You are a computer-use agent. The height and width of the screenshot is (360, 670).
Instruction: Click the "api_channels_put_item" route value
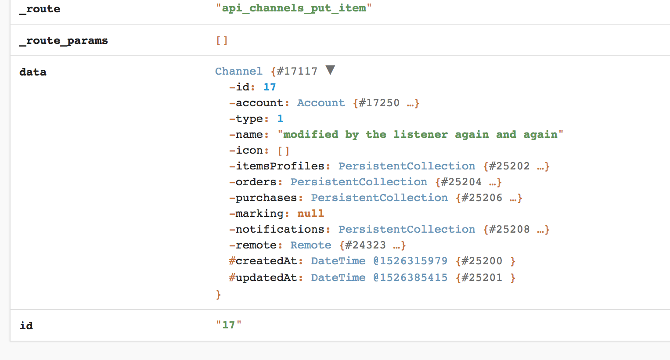293,8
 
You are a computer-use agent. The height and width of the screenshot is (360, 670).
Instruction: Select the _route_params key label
64,41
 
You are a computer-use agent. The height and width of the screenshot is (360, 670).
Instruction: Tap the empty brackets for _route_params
222,41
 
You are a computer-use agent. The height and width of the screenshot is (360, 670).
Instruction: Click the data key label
33,72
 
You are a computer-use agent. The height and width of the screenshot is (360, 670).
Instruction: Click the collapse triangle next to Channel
331,70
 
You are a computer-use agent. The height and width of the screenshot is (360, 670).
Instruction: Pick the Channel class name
238,71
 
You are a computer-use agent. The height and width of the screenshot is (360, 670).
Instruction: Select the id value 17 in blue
270,87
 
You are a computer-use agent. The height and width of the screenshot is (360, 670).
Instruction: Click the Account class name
321,103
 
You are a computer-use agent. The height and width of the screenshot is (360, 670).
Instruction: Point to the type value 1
280,119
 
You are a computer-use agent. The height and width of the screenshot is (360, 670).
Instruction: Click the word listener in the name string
420,134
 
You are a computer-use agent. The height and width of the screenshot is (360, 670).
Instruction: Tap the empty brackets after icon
284,151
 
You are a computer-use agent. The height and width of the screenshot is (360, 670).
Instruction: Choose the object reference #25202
509,166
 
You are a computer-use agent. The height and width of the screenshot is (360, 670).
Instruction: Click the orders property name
256,182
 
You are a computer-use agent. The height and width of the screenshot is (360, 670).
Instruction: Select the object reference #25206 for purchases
482,198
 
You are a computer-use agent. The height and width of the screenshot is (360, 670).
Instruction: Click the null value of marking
310,213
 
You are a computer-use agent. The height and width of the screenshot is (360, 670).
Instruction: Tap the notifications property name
280,229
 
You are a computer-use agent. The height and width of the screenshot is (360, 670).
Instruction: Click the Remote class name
311,245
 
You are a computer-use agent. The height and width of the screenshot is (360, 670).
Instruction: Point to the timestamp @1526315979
410,261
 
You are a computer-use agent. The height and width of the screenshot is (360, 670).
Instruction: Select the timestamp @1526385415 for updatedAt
410,277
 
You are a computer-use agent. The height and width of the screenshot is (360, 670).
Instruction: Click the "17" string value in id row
228,325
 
